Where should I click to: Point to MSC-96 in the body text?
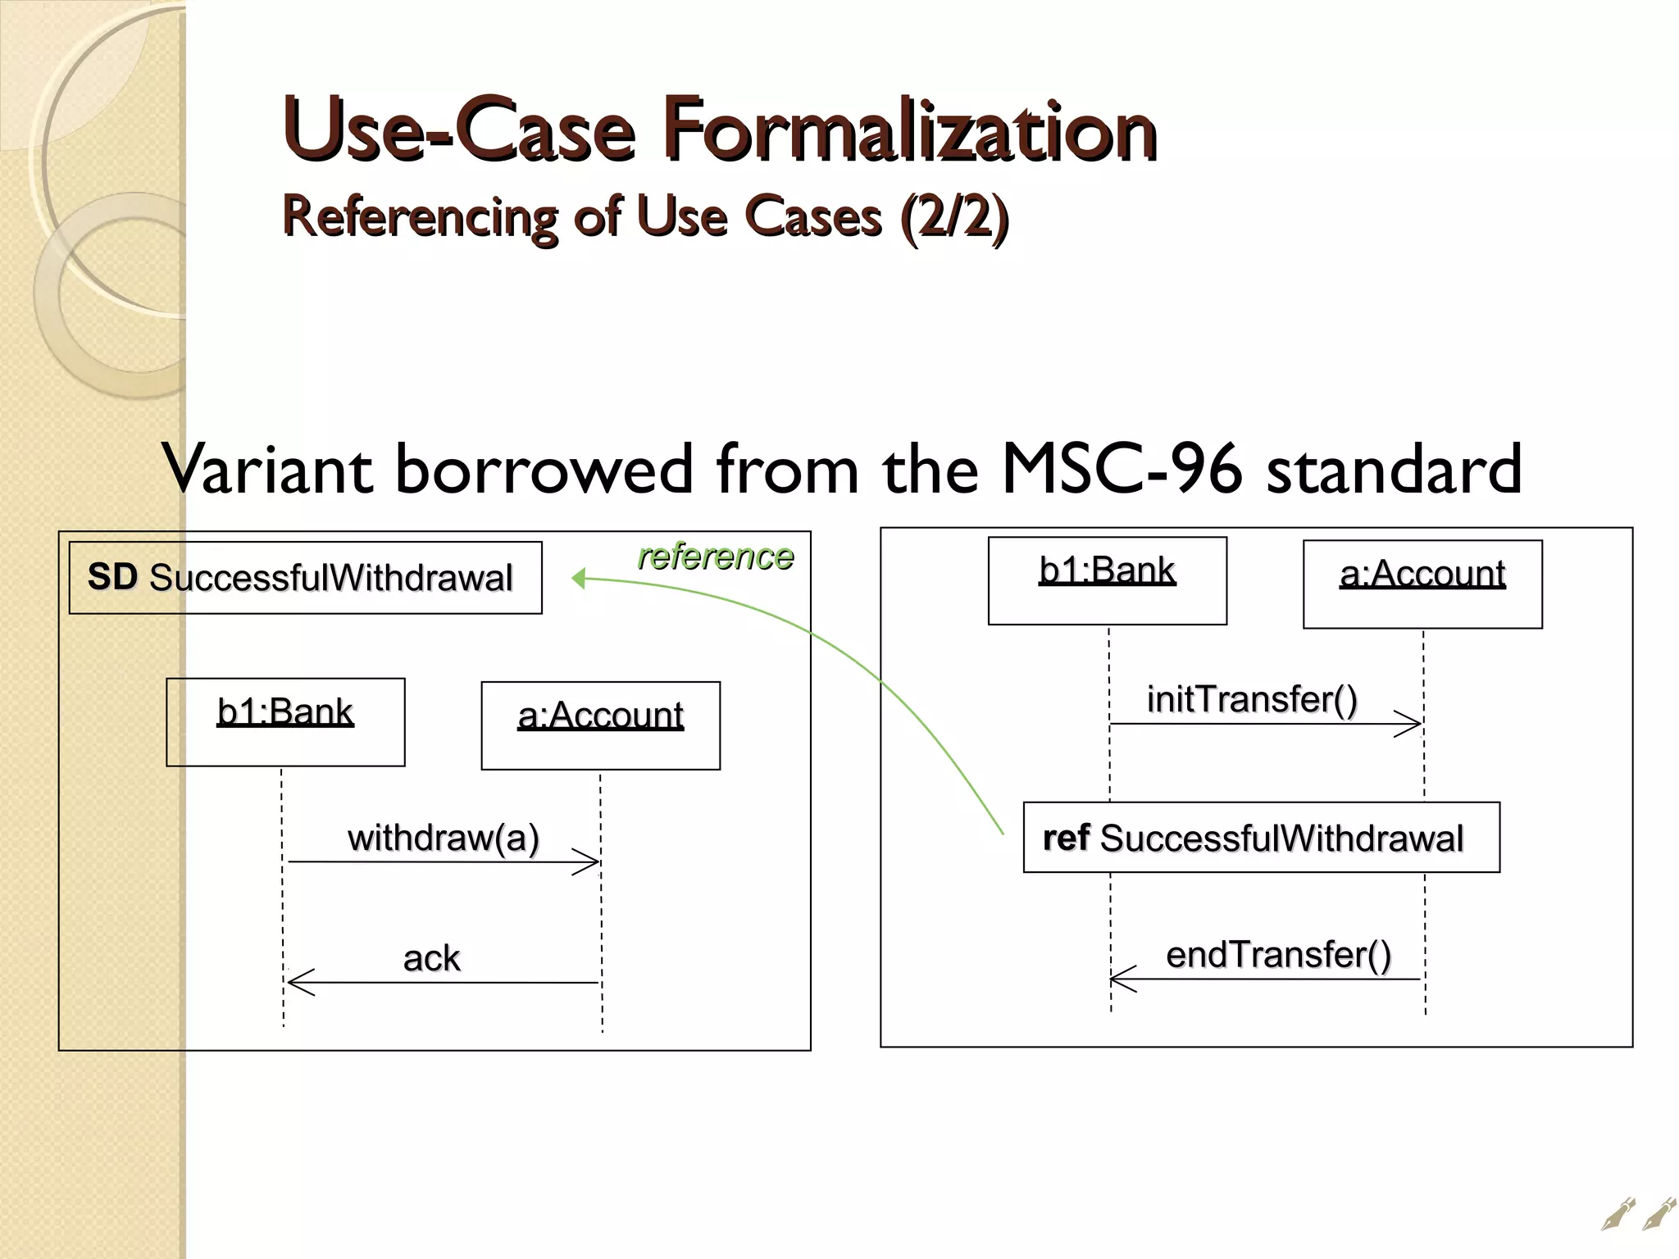point(1122,469)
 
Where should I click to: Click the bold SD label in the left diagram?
point(112,576)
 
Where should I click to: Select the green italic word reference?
point(715,557)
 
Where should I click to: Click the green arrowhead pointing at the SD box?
point(579,579)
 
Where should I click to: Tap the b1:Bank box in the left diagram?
point(285,722)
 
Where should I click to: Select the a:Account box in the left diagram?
point(600,725)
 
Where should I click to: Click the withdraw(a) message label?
point(443,838)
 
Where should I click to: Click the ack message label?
point(431,957)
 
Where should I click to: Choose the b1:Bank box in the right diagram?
point(1107,580)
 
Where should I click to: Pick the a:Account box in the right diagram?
point(1422,584)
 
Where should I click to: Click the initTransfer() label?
point(1252,699)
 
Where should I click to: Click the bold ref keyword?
point(1065,838)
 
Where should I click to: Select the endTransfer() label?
point(1278,955)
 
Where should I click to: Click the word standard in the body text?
point(1394,469)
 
